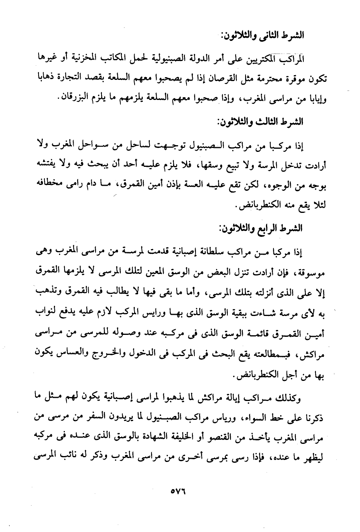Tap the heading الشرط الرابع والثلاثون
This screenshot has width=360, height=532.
click(260, 227)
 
